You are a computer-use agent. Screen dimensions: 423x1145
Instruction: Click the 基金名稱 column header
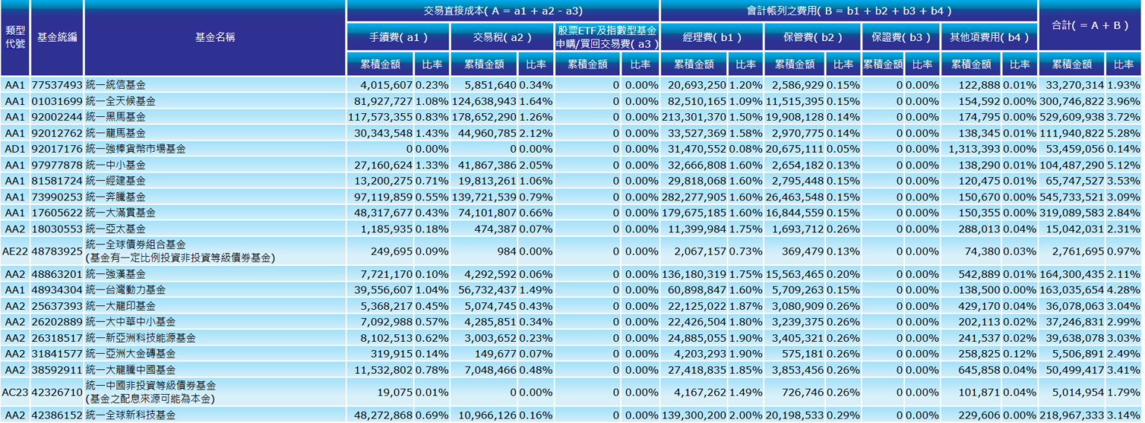click(215, 37)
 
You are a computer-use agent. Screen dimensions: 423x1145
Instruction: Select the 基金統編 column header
click(57, 37)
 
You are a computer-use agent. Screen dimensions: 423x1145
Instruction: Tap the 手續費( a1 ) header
click(398, 36)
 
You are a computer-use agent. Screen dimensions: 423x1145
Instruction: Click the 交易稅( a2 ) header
click(502, 36)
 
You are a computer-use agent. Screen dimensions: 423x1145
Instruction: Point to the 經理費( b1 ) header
click(711, 36)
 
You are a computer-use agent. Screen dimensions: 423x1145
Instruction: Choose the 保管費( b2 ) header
click(812, 36)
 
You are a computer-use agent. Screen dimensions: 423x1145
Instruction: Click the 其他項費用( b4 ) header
click(988, 36)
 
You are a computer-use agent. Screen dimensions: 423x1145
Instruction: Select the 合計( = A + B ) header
click(1090, 25)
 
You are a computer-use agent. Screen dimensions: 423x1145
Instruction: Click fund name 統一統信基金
click(116, 85)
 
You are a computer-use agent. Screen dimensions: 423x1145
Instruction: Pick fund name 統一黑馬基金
click(116, 117)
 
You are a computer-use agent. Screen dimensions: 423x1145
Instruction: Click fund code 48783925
click(57, 252)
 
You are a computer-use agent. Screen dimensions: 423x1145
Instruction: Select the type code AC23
click(16, 391)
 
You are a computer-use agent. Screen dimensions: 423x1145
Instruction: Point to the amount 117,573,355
click(380, 117)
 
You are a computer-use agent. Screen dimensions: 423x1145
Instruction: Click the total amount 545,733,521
click(1073, 197)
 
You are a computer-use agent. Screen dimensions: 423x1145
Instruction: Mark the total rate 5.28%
click(1123, 133)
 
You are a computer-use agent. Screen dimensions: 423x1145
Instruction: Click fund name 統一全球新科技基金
click(130, 415)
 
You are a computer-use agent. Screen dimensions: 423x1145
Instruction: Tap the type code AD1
click(16, 149)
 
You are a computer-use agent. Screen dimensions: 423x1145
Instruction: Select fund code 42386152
click(57, 415)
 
